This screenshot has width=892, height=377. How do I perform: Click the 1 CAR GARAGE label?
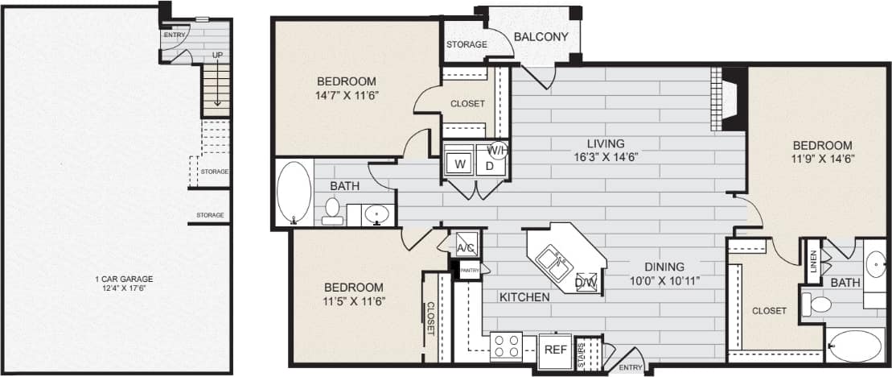pyautogui.click(x=122, y=280)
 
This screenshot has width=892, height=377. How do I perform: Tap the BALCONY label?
pyautogui.click(x=541, y=36)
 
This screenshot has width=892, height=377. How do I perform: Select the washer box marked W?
pyautogui.click(x=460, y=164)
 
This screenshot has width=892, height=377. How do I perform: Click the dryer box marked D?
pyautogui.click(x=490, y=166)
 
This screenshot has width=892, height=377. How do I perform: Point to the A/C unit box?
pyautogui.click(x=466, y=247)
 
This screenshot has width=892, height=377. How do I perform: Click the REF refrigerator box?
pyautogui.click(x=554, y=350)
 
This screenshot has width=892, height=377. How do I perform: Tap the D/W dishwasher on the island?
pyautogui.click(x=586, y=282)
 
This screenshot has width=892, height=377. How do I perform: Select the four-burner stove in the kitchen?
pyautogui.click(x=507, y=346)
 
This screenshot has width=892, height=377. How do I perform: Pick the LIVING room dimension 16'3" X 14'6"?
pyautogui.click(x=606, y=157)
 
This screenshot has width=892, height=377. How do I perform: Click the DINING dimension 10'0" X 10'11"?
pyautogui.click(x=664, y=281)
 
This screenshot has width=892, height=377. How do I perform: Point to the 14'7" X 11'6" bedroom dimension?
pyautogui.click(x=346, y=95)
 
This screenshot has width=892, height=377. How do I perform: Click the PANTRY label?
pyautogui.click(x=471, y=270)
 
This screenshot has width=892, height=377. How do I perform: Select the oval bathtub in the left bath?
pyautogui.click(x=294, y=193)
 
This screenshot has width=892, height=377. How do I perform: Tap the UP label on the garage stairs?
pyautogui.click(x=217, y=55)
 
